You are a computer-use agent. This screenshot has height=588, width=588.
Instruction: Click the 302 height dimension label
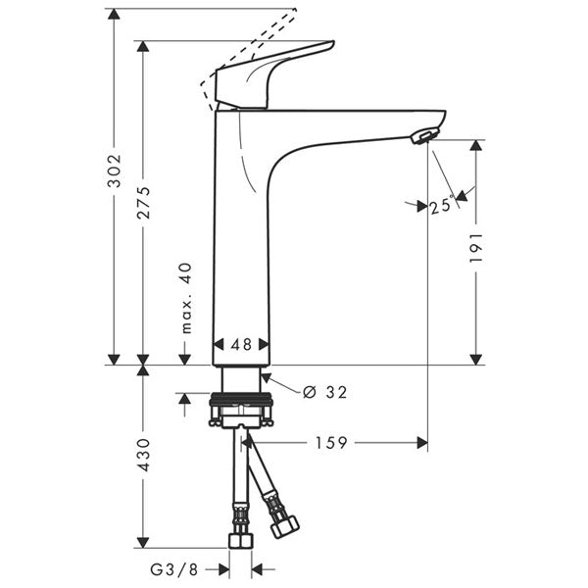click(x=114, y=174)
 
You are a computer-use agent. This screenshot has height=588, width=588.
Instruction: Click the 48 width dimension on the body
click(x=240, y=345)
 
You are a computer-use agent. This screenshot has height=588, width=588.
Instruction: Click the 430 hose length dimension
click(x=143, y=454)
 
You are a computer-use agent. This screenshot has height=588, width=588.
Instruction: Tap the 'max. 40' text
click(x=186, y=297)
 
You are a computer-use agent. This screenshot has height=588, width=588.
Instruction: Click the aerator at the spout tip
click(x=422, y=135)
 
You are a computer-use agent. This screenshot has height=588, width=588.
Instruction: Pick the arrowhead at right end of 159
click(x=422, y=443)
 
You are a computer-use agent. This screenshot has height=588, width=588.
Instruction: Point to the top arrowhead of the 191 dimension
click(x=477, y=145)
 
